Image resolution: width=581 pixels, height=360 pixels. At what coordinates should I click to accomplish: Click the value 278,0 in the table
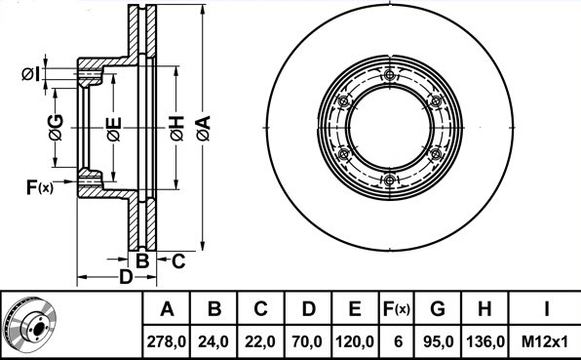pyautogui.click(x=167, y=341)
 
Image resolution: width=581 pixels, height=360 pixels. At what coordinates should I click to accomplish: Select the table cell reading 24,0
pyautogui.click(x=213, y=341)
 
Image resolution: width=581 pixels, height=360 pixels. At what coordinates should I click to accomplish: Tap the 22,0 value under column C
pyautogui.click(x=260, y=341)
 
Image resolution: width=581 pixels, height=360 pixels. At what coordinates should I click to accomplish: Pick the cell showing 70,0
pyautogui.click(x=307, y=341)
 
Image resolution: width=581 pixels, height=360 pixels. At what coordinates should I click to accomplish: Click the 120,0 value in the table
pyautogui.click(x=355, y=341)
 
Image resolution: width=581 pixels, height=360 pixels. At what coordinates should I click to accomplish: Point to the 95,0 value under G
pyautogui.click(x=438, y=341)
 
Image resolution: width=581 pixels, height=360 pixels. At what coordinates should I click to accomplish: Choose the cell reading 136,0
pyautogui.click(x=485, y=341)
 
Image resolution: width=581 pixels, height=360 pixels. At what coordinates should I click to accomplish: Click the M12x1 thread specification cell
pyautogui.click(x=545, y=341)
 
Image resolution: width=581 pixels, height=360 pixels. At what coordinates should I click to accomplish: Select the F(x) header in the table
pyautogui.click(x=397, y=308)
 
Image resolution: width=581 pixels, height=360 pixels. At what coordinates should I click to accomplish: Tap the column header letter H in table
pyautogui.click(x=484, y=308)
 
